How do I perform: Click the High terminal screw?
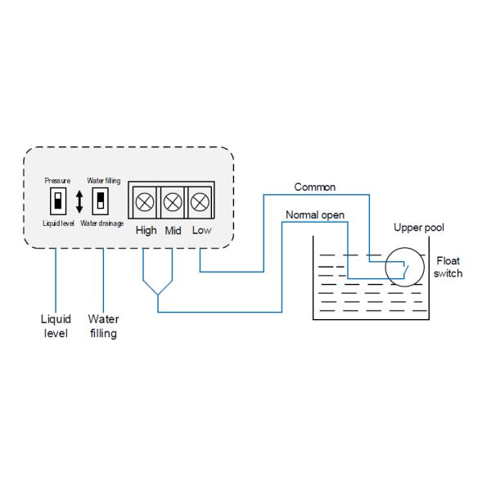pos(146,200)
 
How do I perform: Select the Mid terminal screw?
pos(173,200)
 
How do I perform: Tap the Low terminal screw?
pos(200,200)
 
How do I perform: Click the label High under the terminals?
pos(146,230)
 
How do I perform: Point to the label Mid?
pos(173,231)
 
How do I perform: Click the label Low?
pos(201,230)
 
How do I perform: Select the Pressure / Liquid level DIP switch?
pos(57,200)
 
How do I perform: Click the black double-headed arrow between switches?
pos(79,201)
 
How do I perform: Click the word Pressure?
pos(57,180)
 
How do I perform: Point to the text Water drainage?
pos(102,223)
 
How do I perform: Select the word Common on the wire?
pos(315,187)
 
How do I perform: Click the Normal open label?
pos(315,214)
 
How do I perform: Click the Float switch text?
pos(448,267)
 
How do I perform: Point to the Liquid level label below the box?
pos(56,326)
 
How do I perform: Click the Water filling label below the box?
pos(103,326)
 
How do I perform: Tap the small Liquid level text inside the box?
pos(57,223)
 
